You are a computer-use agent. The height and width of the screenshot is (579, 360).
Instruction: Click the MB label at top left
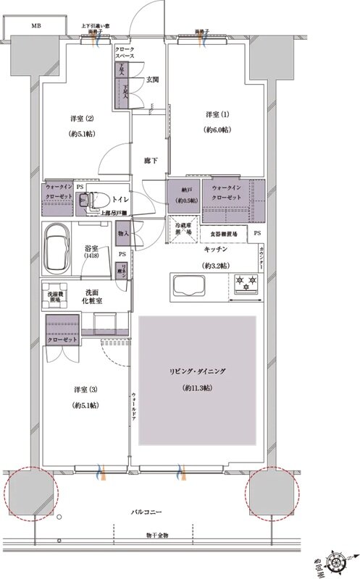(35, 25)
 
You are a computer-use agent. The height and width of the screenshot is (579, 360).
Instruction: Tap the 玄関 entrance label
(153, 80)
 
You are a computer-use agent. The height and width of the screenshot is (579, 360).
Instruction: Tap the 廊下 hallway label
(149, 161)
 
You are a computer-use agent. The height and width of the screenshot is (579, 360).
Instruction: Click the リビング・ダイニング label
(198, 371)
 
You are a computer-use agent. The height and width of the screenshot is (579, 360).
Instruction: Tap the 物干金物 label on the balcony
(156, 535)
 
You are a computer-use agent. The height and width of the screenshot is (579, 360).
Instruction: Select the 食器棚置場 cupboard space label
(225, 234)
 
